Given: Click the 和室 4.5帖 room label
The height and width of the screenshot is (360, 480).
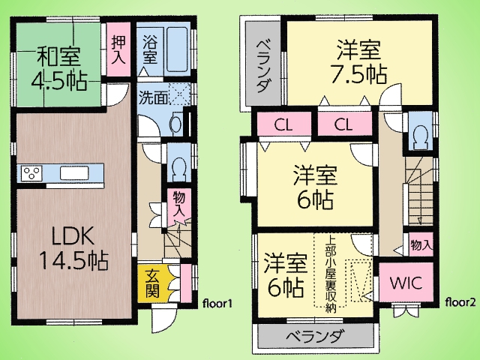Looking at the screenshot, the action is (58, 68).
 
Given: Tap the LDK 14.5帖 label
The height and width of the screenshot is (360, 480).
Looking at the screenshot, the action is (73, 249).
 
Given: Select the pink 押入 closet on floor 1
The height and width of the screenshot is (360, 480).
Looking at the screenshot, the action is (118, 49).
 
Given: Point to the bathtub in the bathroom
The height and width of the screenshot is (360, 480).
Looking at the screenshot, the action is (177, 49).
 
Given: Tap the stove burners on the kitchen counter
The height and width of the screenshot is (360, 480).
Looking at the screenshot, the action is (31, 172).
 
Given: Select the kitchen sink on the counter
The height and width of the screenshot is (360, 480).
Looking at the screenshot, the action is (74, 173).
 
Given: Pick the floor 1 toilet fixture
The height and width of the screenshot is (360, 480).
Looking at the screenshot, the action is (178, 166).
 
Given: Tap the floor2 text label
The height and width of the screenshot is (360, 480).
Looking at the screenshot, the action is (460, 302).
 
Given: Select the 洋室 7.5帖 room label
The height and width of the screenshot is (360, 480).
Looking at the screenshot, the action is (358, 62).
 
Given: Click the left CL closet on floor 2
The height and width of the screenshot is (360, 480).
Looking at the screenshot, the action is (283, 124).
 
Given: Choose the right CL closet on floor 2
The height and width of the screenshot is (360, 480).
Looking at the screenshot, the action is (343, 124).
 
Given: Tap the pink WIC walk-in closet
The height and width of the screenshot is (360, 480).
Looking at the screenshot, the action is (406, 282).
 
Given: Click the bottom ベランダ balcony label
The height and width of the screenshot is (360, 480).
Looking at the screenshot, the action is (313, 337).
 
